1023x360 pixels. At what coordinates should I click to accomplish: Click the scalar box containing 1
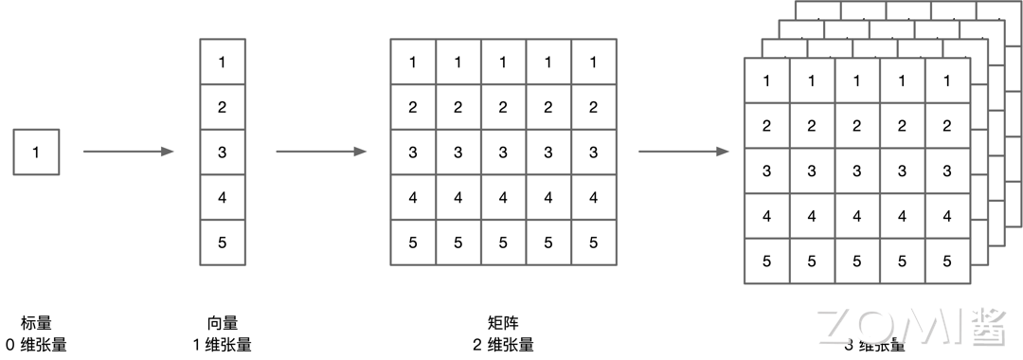(x=36, y=152)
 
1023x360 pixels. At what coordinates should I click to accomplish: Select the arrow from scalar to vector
(x=129, y=152)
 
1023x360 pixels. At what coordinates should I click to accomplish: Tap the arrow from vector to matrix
(x=321, y=152)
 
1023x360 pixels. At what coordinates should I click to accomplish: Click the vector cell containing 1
(x=223, y=63)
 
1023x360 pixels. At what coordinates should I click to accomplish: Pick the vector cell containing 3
(x=223, y=152)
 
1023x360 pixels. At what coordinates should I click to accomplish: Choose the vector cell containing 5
(x=223, y=243)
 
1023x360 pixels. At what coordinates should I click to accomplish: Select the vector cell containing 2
(x=223, y=107)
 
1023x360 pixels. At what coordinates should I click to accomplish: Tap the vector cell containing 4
(x=223, y=197)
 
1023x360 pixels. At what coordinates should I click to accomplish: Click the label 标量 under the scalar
(x=36, y=323)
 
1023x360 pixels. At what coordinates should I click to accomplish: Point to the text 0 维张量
(x=36, y=345)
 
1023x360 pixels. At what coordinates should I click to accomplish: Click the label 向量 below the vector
(x=223, y=323)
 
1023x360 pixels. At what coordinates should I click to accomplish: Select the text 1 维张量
(x=223, y=345)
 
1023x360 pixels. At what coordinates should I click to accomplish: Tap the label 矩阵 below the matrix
(x=503, y=323)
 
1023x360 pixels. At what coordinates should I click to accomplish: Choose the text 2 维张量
(x=503, y=345)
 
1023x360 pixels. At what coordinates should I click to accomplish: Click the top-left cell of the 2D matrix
(x=413, y=63)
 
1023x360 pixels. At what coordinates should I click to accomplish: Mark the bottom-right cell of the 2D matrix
(x=594, y=243)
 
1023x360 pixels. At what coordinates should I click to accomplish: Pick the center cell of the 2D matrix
(x=503, y=152)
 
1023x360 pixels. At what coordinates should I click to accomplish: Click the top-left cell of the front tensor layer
(x=767, y=81)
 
